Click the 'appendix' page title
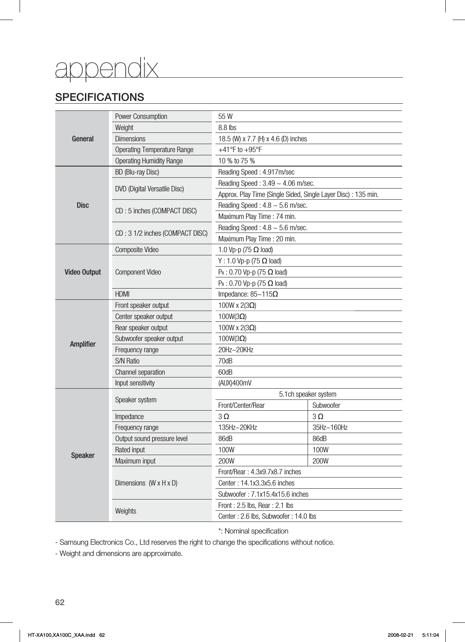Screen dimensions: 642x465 coord(107,69)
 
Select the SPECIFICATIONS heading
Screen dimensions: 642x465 coord(100,97)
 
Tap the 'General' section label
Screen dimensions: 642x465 coord(83,139)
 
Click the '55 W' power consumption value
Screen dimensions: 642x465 coord(225,116)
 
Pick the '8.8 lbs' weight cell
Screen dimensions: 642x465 coord(227,128)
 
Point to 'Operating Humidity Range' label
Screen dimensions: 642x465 coord(149,161)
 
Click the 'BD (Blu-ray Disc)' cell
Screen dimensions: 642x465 coord(137,172)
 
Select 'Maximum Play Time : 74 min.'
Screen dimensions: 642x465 coord(257,217)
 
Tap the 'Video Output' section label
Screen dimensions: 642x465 coord(83,272)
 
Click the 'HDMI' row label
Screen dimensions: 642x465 coord(122,294)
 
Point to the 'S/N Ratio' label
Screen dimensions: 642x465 coord(127,361)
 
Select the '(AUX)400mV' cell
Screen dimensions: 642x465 coord(235,383)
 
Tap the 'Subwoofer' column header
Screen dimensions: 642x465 coord(326,405)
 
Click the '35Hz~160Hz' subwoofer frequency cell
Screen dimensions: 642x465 coord(330,427)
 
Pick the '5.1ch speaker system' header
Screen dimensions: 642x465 coord(307,394)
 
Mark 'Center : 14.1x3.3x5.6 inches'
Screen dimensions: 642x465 coord(256,483)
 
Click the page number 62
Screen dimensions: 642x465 coord(60,602)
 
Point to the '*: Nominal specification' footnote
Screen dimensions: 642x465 coord(253,531)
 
